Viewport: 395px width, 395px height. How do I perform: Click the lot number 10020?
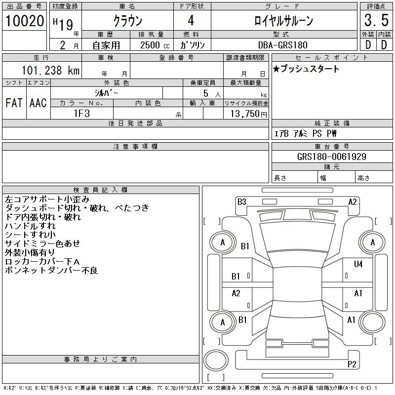tap(24, 21)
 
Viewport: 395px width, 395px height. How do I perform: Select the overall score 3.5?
tap(375, 21)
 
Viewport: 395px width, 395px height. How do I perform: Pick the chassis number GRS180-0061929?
tap(332, 157)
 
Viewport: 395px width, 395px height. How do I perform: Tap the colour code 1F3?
tap(81, 113)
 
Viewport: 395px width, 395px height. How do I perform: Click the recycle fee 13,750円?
tap(246, 113)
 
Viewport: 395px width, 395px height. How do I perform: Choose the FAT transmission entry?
tap(14, 103)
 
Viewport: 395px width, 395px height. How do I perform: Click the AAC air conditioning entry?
tap(38, 103)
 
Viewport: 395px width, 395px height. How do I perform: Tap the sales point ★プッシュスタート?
tap(306, 69)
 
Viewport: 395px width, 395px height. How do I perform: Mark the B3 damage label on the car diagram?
tap(241, 201)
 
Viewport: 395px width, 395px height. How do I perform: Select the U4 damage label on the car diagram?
tap(358, 265)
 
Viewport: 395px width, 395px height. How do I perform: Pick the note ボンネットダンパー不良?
tap(51, 270)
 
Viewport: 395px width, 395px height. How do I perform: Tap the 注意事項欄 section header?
tap(135, 147)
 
